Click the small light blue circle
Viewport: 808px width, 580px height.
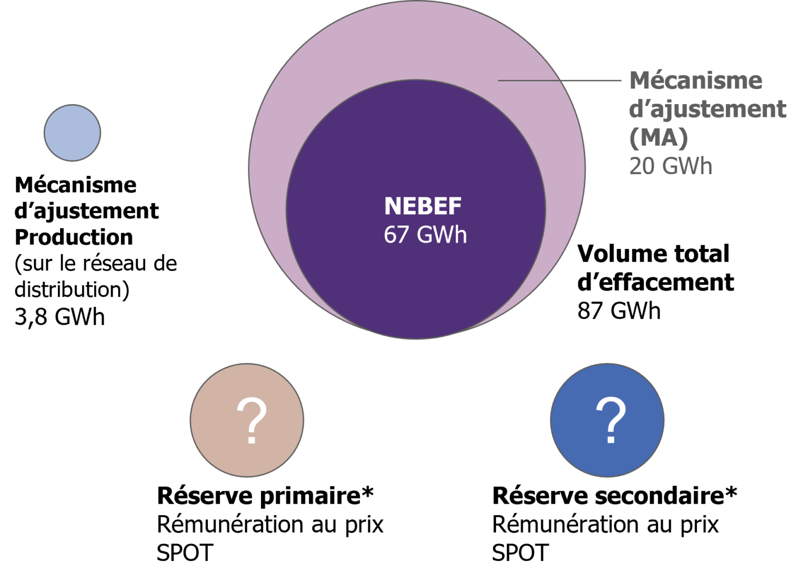pyautogui.click(x=72, y=133)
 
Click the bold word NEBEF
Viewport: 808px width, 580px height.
pyautogui.click(x=422, y=207)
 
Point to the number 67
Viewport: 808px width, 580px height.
pyautogui.click(x=396, y=235)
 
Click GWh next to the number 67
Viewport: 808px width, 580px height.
pyautogui.click(x=441, y=235)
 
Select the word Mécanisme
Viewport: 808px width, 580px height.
pyautogui.click(x=695, y=81)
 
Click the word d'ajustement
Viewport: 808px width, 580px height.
pyautogui.click(x=708, y=109)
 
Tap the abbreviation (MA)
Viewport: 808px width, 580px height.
pyautogui.click(x=659, y=138)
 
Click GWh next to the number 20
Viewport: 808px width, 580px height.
pyautogui.click(x=686, y=166)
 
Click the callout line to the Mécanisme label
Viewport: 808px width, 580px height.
pyautogui.click(x=560, y=81)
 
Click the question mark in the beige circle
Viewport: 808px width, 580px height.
pyautogui.click(x=251, y=416)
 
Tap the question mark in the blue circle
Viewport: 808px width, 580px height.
pyautogui.click(x=611, y=416)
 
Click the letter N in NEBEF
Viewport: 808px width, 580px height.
pyautogui.click(x=391, y=207)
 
